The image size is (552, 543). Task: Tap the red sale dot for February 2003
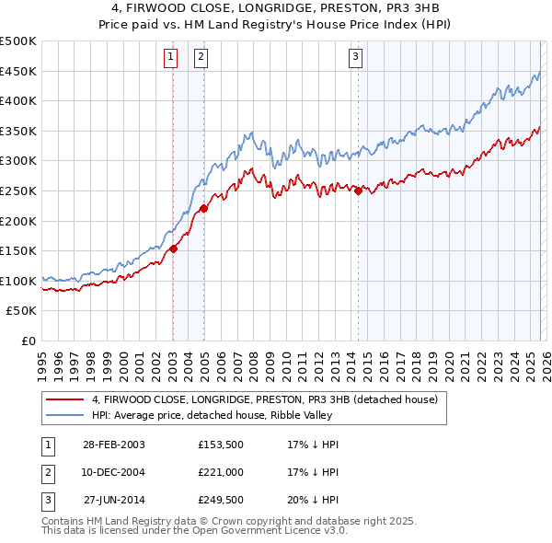click(173, 248)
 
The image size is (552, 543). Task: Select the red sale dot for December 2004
click(203, 208)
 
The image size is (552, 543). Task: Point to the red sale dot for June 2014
click(358, 191)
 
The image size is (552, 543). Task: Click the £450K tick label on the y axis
click(18, 71)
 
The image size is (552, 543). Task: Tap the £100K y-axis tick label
click(18, 281)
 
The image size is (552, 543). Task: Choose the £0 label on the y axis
click(28, 341)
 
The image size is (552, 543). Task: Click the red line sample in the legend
click(64, 399)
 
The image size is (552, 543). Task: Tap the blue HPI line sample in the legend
click(64, 414)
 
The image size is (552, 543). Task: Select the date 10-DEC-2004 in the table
click(114, 472)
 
